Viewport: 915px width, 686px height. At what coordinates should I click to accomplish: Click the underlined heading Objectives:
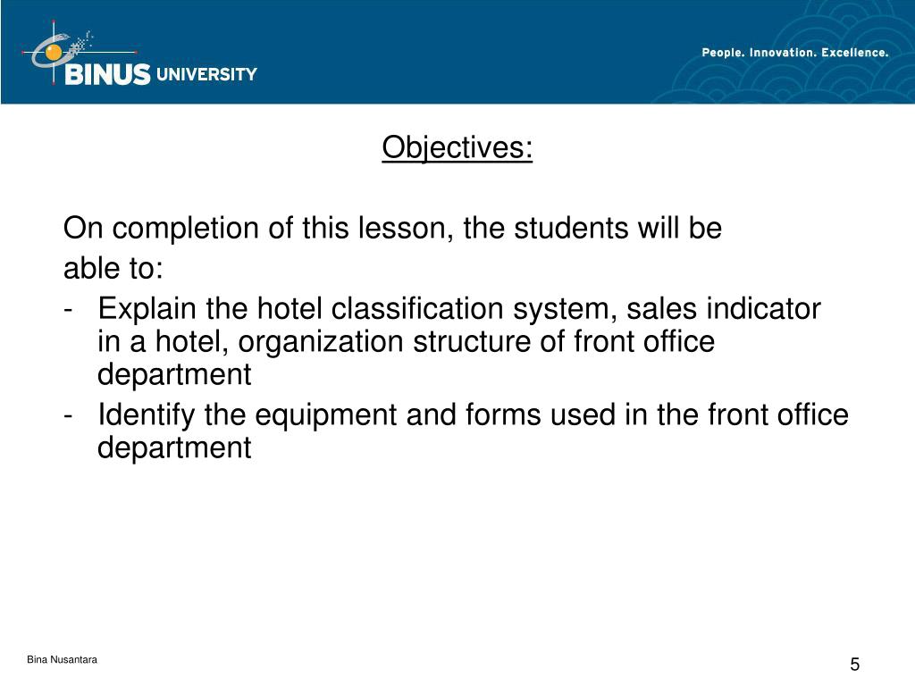pyautogui.click(x=457, y=148)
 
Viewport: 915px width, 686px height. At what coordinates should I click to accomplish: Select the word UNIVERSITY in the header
pyautogui.click(x=206, y=75)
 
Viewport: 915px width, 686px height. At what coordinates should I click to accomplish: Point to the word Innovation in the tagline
pyautogui.click(x=780, y=53)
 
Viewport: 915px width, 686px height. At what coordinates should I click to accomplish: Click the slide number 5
pyautogui.click(x=854, y=665)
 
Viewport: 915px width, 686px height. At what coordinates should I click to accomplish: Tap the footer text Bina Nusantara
pyautogui.click(x=62, y=660)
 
